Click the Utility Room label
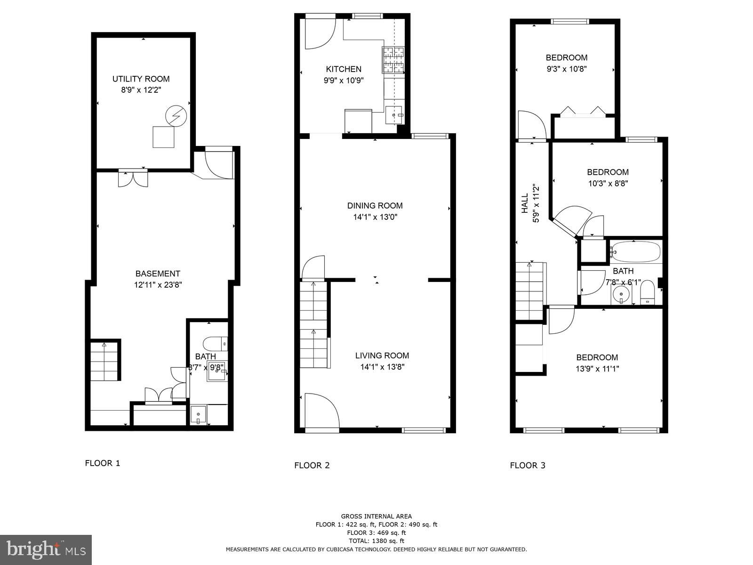(x=141, y=79)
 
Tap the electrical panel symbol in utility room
(x=176, y=116)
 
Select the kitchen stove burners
(x=393, y=61)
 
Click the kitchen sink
(x=394, y=115)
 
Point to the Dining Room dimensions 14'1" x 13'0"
(x=375, y=217)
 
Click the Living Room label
(x=382, y=355)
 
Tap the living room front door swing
(x=321, y=411)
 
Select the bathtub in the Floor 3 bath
(x=635, y=252)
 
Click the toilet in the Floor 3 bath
(x=648, y=293)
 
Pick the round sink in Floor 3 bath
(x=622, y=295)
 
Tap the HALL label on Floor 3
(x=525, y=203)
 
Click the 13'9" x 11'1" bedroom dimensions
(x=597, y=369)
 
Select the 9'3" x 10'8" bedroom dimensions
(x=567, y=69)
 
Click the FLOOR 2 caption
(x=312, y=466)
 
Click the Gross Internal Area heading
(x=376, y=517)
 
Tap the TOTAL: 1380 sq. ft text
(x=376, y=541)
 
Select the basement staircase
(x=104, y=362)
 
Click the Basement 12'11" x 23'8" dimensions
(x=158, y=285)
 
